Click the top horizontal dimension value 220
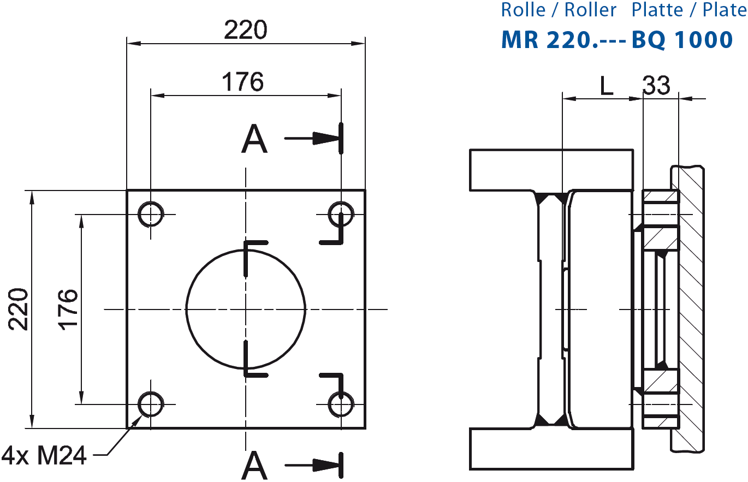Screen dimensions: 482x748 245,30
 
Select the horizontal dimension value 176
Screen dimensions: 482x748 242,82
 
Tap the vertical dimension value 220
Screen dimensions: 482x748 18,308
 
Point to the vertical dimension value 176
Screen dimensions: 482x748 68,308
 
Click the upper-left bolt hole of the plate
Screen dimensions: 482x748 150,214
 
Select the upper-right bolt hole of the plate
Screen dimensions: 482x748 341,213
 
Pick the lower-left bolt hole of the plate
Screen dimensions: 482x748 150,405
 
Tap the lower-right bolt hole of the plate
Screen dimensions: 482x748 341,404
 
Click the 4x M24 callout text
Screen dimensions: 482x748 45,455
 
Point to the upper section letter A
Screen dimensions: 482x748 254,139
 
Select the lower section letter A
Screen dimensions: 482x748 254,465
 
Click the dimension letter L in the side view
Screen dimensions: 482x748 607,86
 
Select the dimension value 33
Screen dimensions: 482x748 656,86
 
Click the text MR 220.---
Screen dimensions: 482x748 565,40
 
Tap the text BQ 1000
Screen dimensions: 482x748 682,40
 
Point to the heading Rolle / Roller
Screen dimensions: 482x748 559,10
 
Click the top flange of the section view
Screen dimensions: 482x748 551,170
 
